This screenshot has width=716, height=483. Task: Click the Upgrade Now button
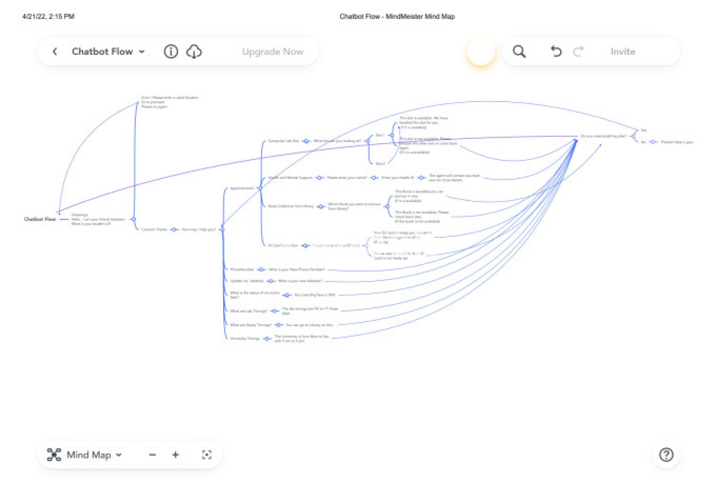coord(273,51)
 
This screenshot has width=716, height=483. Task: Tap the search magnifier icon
coord(519,51)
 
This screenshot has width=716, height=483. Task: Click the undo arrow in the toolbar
coord(556,51)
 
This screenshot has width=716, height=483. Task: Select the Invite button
coord(622,51)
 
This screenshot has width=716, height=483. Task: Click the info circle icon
coord(171,51)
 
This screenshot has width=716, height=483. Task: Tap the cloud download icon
coord(194,51)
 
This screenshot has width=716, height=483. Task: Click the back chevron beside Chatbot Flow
coord(55,51)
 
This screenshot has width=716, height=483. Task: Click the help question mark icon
coord(666,455)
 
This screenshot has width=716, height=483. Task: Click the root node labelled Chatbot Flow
coord(40,219)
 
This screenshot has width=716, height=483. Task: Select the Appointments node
coord(242,188)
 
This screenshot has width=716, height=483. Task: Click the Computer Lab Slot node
coord(283,141)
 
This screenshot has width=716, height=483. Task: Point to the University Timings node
coord(245,338)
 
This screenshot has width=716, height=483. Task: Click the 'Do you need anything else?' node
coord(603,136)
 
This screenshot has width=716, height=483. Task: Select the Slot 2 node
coord(380,164)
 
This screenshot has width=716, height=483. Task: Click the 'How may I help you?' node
coord(198,230)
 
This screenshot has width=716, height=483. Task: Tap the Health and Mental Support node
coord(290,178)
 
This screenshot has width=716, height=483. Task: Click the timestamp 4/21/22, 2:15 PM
coord(48,16)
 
